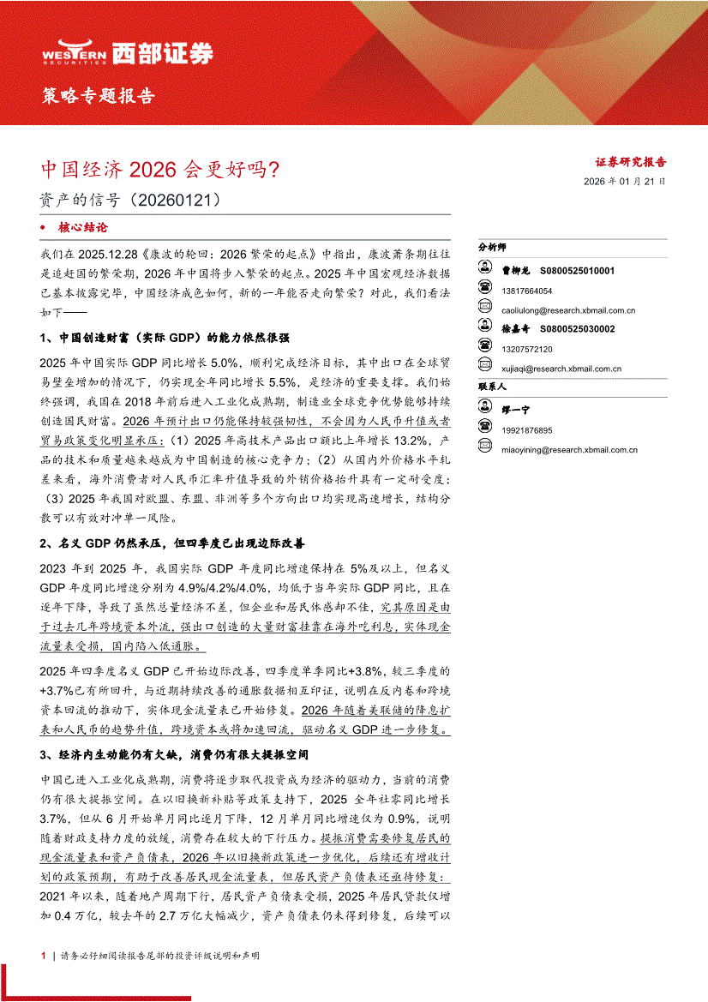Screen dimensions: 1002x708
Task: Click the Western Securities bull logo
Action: click(74, 53)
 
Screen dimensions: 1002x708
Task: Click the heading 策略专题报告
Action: click(99, 95)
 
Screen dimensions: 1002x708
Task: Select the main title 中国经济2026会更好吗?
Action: click(160, 169)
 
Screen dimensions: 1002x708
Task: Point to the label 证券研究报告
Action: click(631, 161)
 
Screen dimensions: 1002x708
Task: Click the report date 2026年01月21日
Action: click(624, 182)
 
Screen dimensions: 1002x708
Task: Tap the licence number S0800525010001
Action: click(578, 271)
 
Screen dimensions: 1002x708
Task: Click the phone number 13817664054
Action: click(528, 291)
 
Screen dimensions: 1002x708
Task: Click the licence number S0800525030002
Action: click(578, 329)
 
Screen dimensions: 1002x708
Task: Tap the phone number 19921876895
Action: click(528, 430)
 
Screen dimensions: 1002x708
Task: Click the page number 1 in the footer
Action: click(44, 955)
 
